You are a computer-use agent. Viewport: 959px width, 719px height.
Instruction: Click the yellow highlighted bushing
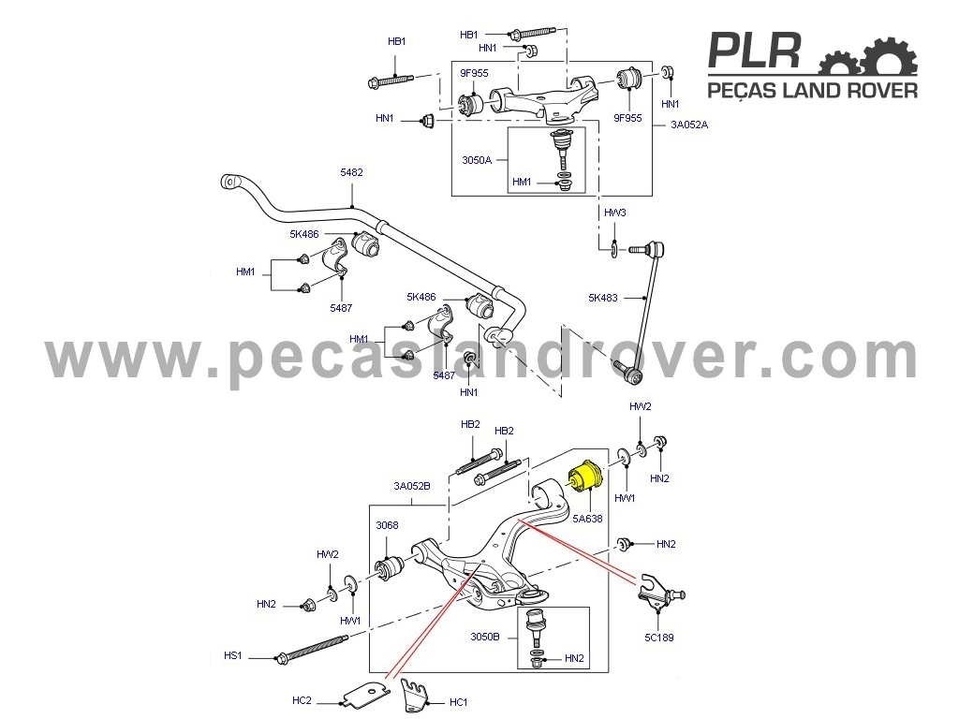pos(586,477)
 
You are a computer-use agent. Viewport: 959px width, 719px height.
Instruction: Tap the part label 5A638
pos(587,519)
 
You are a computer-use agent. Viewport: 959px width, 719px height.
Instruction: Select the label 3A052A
pos(689,125)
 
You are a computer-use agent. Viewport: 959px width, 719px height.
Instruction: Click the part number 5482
pos(352,172)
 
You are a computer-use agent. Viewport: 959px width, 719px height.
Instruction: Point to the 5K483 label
pos(603,298)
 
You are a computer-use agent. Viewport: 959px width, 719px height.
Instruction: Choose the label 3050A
pos(477,160)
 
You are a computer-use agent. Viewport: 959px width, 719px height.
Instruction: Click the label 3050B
pos(485,637)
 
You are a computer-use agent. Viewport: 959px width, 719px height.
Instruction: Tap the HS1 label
pos(233,655)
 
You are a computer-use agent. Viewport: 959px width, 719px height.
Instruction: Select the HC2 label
pos(302,700)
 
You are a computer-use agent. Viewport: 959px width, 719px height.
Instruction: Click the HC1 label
pos(459,702)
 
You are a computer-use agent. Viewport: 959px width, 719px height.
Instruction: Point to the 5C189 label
pos(658,637)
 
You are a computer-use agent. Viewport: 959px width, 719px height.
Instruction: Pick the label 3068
pos(387,525)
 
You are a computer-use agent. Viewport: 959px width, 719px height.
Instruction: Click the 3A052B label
pos(412,486)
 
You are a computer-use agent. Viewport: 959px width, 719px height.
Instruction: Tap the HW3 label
pos(614,213)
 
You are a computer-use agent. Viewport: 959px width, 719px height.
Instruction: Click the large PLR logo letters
pos(755,51)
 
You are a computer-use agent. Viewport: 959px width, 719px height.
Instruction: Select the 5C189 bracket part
pos(660,592)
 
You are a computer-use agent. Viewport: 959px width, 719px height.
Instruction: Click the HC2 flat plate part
pos(366,693)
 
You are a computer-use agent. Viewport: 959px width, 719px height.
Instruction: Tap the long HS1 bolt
pos(311,649)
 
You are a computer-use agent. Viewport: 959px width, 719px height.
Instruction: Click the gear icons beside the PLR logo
pos(868,55)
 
